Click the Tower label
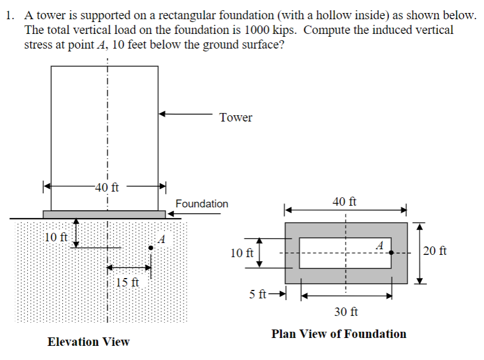(x=236, y=118)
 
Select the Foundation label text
(x=202, y=204)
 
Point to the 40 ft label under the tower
(x=106, y=188)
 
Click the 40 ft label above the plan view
(x=344, y=201)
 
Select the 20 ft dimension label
(x=435, y=250)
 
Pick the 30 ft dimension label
(x=345, y=311)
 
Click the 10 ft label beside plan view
(x=242, y=252)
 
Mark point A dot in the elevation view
(x=151, y=248)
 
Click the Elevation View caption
(x=88, y=342)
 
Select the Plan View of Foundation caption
(x=339, y=334)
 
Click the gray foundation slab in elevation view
(x=104, y=214)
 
